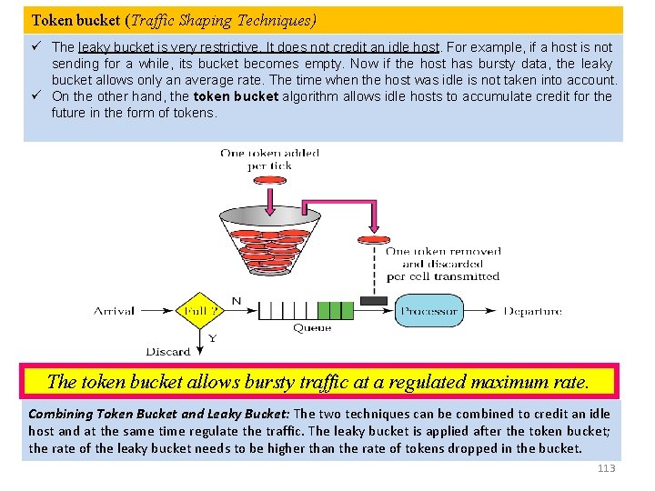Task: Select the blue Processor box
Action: tap(429, 311)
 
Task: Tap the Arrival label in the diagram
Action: tap(114, 311)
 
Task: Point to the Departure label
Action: tap(533, 311)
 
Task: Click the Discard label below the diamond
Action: tap(168, 351)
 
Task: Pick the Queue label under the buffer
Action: tap(312, 328)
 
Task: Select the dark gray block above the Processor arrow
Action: tap(374, 300)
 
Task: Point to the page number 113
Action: tap(606, 468)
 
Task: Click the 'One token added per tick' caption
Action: tap(269, 159)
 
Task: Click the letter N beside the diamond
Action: tap(237, 300)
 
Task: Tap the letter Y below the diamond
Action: tap(213, 337)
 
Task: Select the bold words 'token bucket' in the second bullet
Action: tap(236, 96)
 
